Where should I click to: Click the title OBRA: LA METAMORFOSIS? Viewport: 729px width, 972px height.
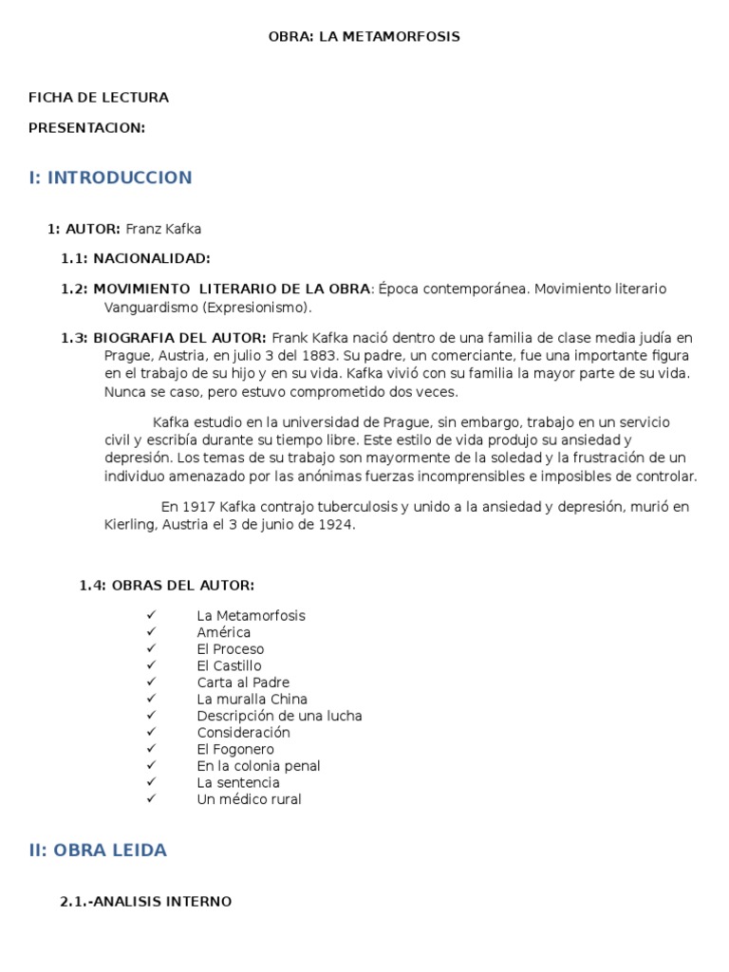pyautogui.click(x=364, y=36)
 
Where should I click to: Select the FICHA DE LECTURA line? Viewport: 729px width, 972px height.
pyautogui.click(x=99, y=97)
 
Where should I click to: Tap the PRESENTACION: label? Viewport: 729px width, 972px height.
pyautogui.click(x=87, y=127)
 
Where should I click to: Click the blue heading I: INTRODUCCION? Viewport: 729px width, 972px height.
pyautogui.click(x=110, y=178)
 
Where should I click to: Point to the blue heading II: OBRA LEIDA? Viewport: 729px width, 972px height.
pyautogui.click(x=98, y=850)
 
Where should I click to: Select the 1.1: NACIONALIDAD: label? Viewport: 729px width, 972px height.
pyautogui.click(x=136, y=258)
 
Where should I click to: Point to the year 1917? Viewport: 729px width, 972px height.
pyautogui.click(x=199, y=507)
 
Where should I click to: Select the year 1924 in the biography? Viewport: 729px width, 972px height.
pyautogui.click(x=337, y=524)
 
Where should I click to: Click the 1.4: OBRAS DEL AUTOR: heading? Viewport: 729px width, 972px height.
pyautogui.click(x=167, y=585)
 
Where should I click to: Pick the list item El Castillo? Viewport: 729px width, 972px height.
pyautogui.click(x=229, y=665)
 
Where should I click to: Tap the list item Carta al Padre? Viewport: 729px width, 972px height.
pyautogui.click(x=243, y=682)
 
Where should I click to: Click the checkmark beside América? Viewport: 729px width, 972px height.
pyautogui.click(x=151, y=632)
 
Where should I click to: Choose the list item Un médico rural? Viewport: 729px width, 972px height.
pyautogui.click(x=249, y=799)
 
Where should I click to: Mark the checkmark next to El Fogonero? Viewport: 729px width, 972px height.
pyautogui.click(x=151, y=749)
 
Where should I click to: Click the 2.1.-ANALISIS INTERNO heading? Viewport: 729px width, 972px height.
pyautogui.click(x=145, y=901)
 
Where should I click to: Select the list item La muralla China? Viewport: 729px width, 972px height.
pyautogui.click(x=252, y=699)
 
